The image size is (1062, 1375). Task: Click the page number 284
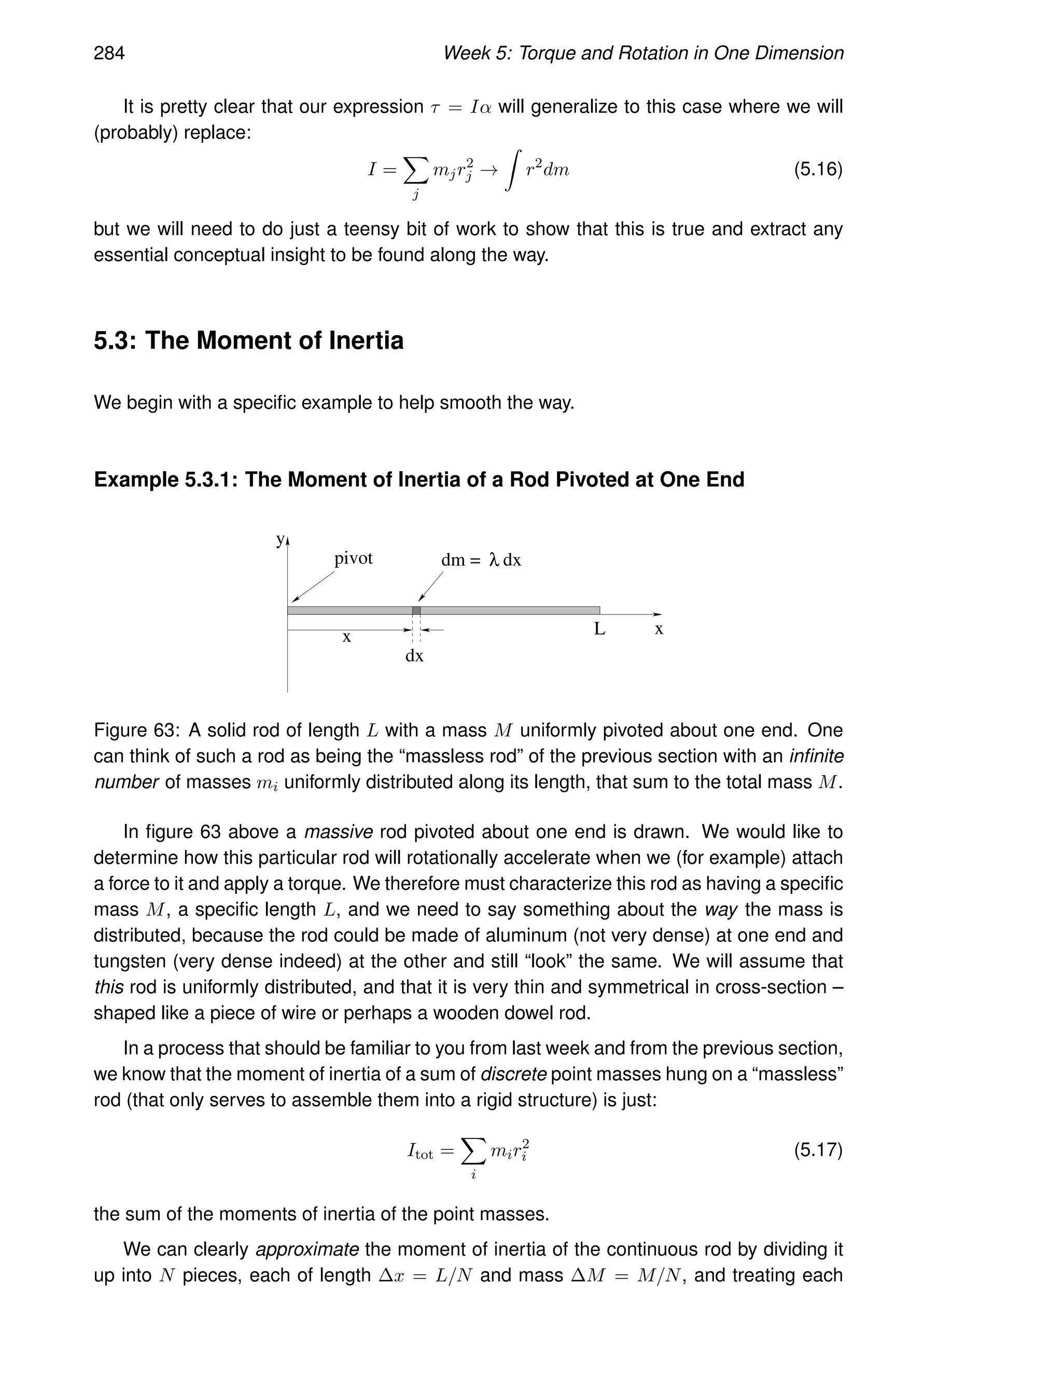coord(109,53)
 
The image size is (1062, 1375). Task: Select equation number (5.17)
coord(817,1150)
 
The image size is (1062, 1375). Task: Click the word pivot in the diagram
coord(353,558)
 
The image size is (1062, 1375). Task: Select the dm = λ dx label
coord(481,560)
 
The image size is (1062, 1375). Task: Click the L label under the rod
coord(599,629)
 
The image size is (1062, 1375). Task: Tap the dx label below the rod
coord(414,656)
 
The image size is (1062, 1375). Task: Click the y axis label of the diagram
coord(280,540)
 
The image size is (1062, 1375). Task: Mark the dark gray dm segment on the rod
coord(416,610)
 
